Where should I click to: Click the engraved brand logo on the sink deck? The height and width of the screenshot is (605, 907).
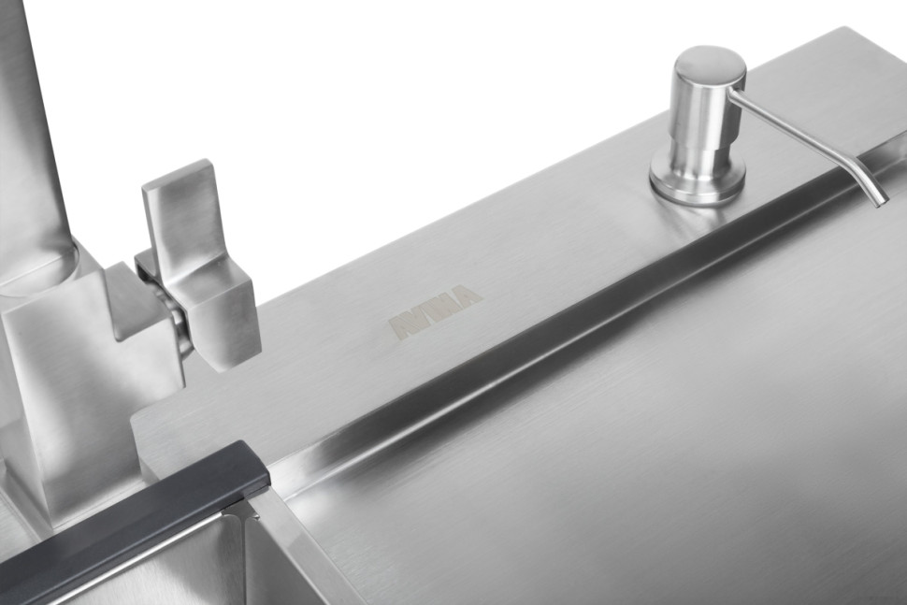(435, 310)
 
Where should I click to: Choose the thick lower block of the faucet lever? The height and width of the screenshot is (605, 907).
(224, 318)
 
